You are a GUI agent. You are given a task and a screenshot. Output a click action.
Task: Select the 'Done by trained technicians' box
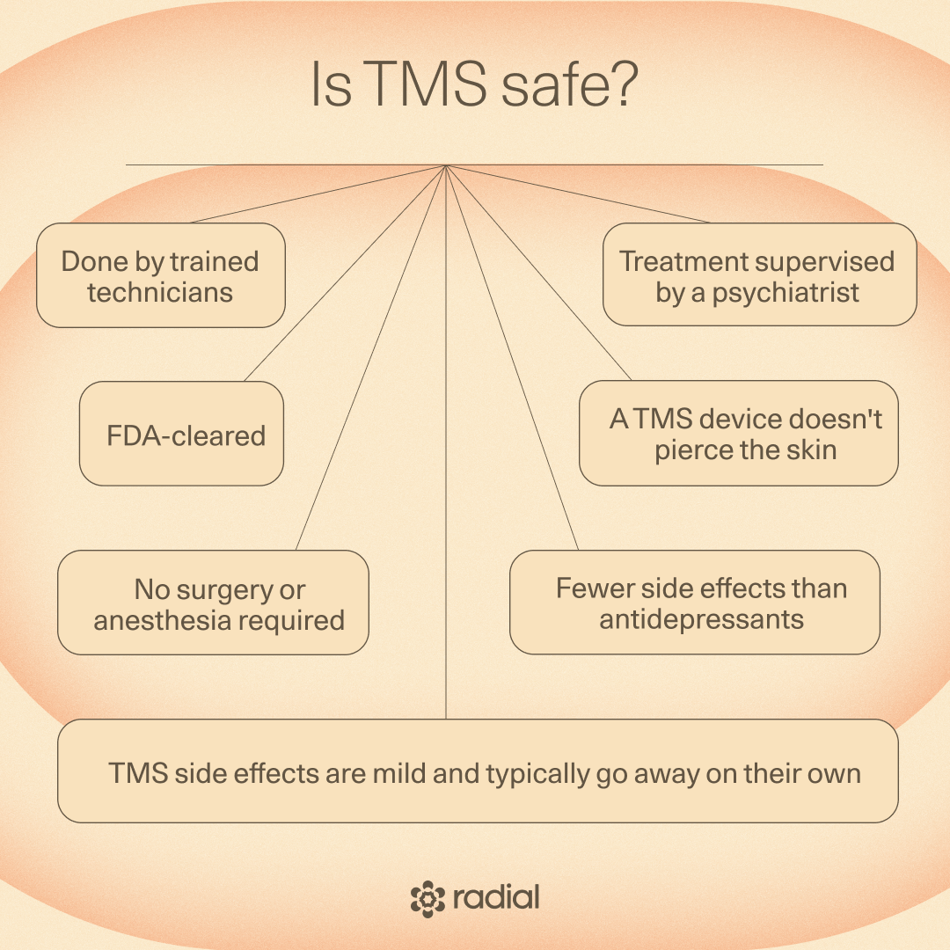pyautogui.click(x=161, y=275)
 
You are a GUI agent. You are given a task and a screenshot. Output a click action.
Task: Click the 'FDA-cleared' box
pyautogui.click(x=182, y=434)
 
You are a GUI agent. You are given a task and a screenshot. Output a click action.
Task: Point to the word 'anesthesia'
pyautogui.click(x=158, y=620)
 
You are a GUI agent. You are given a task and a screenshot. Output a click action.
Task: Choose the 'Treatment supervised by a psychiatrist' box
pyautogui.click(x=759, y=275)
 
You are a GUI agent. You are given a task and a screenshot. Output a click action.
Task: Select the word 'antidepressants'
pyautogui.click(x=702, y=618)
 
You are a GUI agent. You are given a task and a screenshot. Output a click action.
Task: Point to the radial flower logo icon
pyautogui.click(x=428, y=898)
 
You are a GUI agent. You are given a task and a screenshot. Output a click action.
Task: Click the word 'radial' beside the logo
pyautogui.click(x=496, y=898)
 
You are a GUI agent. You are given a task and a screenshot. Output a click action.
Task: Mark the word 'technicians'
pyautogui.click(x=160, y=292)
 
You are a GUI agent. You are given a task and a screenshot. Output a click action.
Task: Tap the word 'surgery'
pyautogui.click(x=197, y=589)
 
